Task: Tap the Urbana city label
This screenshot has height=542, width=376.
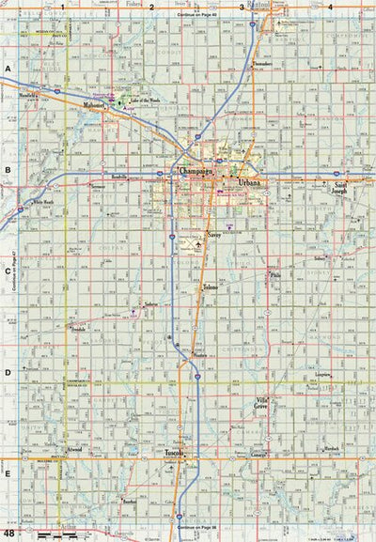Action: point(250,180)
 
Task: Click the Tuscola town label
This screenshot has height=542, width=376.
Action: point(173,453)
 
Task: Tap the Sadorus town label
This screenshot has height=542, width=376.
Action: point(150,306)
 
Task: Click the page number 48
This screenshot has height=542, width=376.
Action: point(8,534)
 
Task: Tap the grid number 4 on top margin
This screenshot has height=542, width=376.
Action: point(329,7)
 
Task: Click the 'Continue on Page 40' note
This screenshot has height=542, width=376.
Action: point(201,16)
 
